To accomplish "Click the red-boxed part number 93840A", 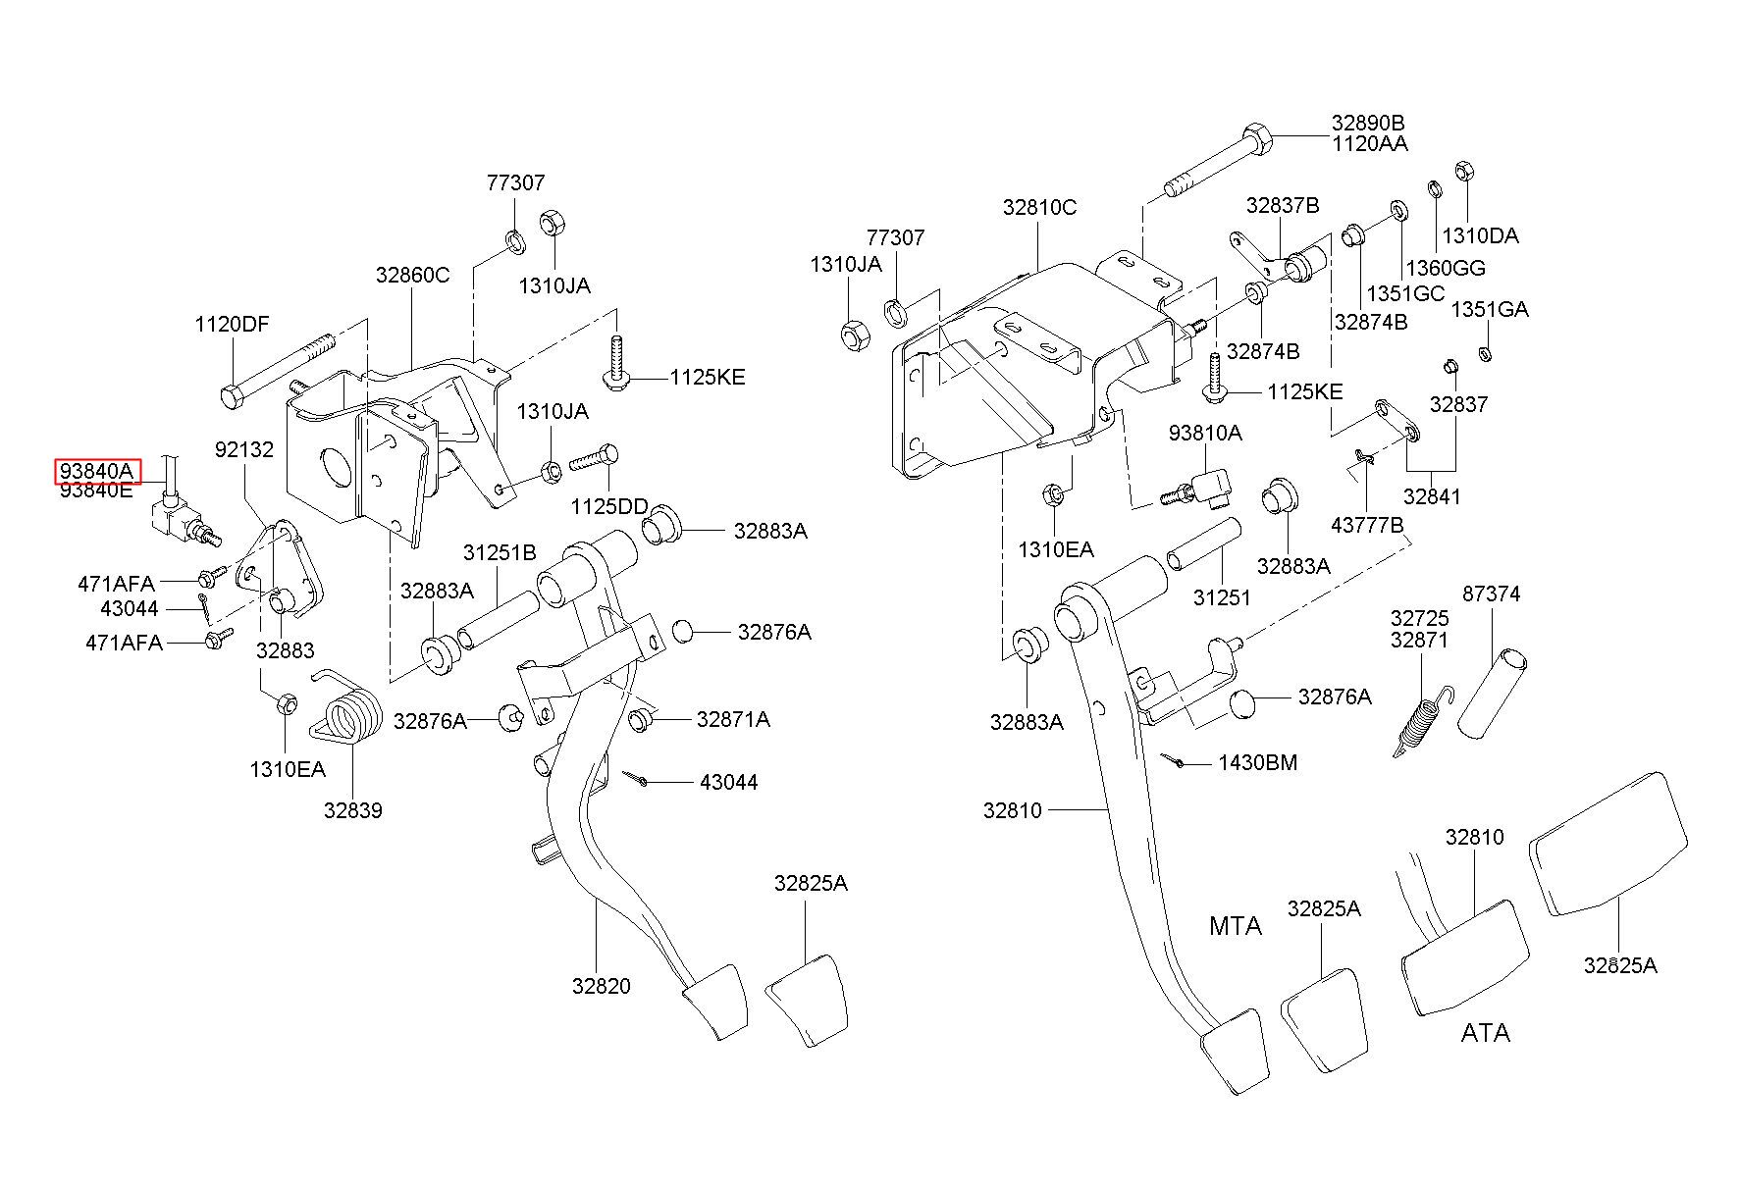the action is pos(96,471).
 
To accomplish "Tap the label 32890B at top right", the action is pos(1368,124).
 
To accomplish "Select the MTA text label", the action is pos(1236,925).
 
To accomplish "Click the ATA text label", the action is pos(1485,1033).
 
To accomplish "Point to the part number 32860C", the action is pos(412,275).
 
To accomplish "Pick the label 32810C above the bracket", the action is pos(1039,207).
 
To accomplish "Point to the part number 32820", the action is pos(602,986).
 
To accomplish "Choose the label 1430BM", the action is pos(1258,762).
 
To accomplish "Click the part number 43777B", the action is pos(1367,525).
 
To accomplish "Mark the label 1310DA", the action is pos(1480,235).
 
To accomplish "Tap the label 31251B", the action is pos(500,553).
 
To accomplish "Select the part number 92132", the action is pos(244,449).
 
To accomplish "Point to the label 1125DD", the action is pos(609,506).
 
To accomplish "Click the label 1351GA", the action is pos(1490,309).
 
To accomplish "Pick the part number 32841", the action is pos(1432,496).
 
